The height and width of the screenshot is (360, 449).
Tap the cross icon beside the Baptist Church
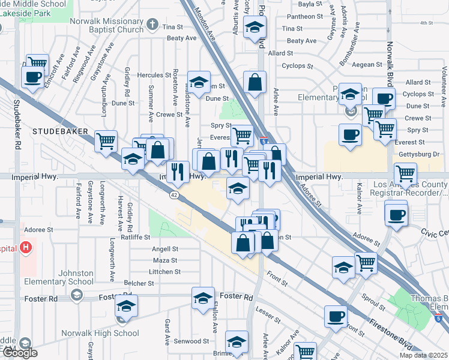[x=152, y=25]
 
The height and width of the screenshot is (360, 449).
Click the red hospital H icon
[x=25, y=247]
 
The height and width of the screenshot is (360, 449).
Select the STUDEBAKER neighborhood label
[x=60, y=131]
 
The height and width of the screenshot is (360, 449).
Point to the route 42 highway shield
[x=173, y=195]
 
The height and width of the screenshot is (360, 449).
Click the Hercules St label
[x=154, y=76]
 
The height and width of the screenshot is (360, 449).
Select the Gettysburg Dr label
[x=420, y=154]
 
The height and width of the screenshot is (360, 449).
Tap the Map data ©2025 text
[x=423, y=355]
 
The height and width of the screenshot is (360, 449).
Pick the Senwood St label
[x=191, y=341]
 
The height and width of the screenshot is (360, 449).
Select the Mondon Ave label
[x=205, y=28]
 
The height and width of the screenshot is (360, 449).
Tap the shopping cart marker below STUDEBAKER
[x=106, y=142]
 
